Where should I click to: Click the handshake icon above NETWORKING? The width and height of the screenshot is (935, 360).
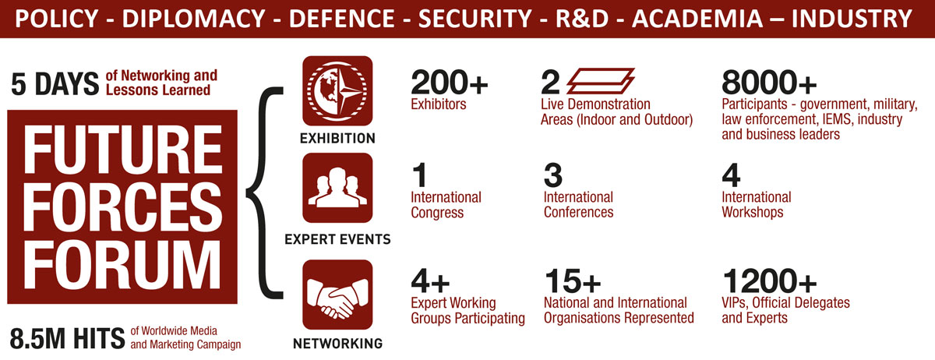click(337, 295)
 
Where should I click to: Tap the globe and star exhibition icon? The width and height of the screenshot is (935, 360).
click(337, 91)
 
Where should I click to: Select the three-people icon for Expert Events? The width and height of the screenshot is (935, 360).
click(337, 188)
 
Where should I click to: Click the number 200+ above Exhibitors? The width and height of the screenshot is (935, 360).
click(449, 83)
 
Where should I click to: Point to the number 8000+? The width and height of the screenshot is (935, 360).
click(769, 83)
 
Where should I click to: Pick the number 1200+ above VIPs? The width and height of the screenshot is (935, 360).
click(769, 281)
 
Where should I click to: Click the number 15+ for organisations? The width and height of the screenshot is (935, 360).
click(572, 281)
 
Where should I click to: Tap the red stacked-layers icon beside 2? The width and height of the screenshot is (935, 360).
click(600, 81)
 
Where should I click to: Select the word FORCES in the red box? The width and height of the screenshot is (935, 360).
click(122, 208)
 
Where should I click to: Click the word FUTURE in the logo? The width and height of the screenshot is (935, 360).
click(122, 150)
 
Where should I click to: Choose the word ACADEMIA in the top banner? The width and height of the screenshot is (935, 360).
click(697, 19)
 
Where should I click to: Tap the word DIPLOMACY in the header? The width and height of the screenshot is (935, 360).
click(194, 19)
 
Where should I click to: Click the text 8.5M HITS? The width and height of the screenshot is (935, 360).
click(67, 338)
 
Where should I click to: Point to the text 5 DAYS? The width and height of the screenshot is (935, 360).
click(55, 84)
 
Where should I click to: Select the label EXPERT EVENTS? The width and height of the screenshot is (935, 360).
click(337, 239)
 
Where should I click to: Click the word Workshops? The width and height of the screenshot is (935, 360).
click(752, 212)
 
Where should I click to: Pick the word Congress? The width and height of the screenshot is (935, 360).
click(437, 213)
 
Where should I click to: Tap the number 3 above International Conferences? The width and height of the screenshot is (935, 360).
click(553, 175)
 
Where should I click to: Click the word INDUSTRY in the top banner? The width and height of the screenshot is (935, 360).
click(852, 19)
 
